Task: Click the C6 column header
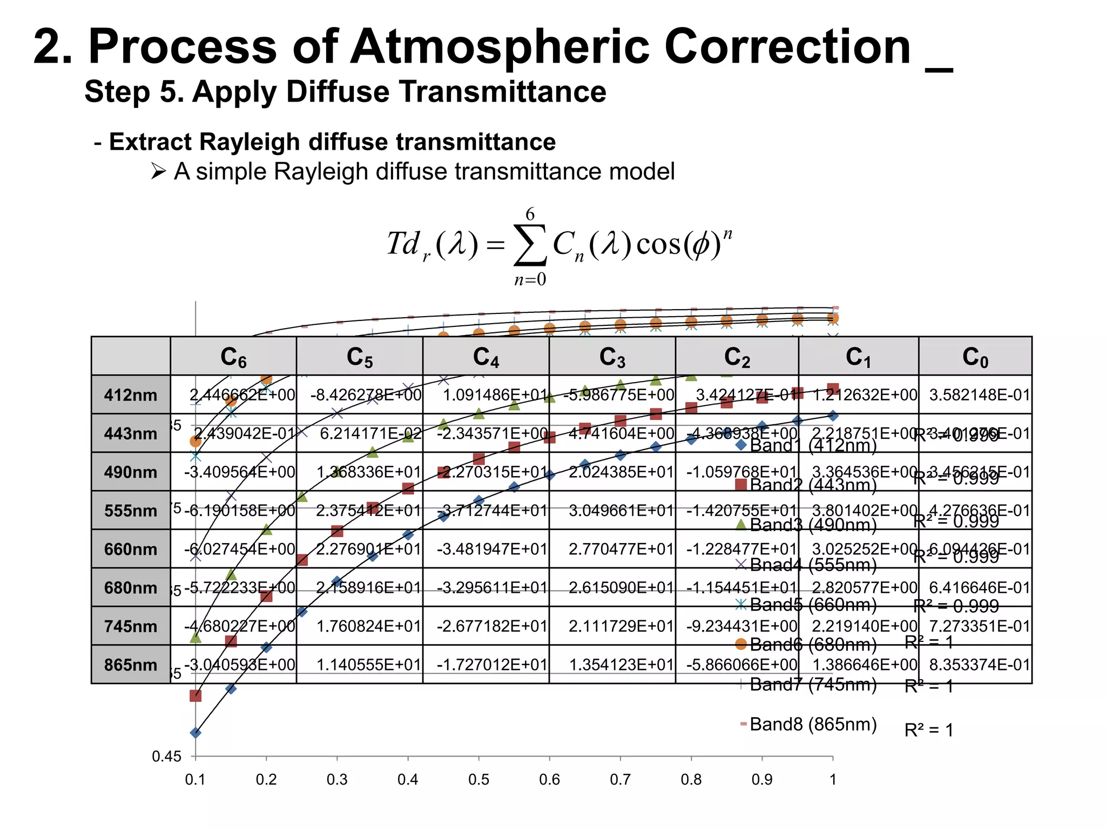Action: tap(233, 357)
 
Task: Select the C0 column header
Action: tap(975, 357)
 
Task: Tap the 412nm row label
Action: tap(131, 395)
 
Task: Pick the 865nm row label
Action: tap(131, 665)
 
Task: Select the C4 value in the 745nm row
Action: tap(491, 626)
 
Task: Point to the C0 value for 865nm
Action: tap(979, 665)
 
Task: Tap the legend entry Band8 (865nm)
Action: tap(813, 724)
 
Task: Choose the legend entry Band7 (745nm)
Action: tap(813, 685)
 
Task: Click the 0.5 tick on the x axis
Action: tap(478, 779)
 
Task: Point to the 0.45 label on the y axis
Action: tap(166, 757)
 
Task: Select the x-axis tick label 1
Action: tap(833, 779)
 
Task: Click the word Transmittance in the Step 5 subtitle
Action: tap(509, 91)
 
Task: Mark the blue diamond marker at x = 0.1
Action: tap(195, 733)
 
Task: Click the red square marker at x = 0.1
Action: tap(195, 695)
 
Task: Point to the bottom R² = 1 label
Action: tap(929, 731)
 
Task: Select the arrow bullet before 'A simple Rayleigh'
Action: tap(158, 172)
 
